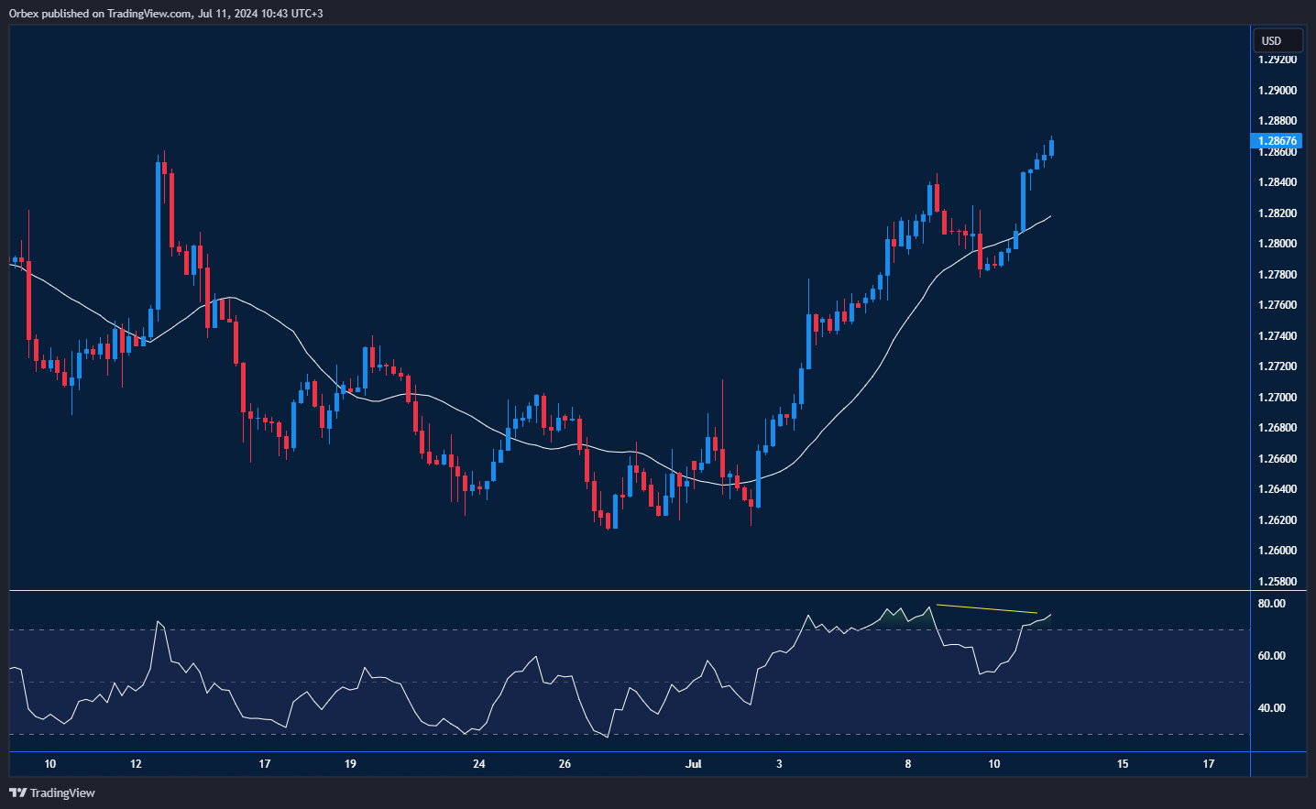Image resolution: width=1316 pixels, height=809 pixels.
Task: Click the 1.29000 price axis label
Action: tap(1277, 91)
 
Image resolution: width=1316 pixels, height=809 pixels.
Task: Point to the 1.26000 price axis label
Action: tap(1277, 551)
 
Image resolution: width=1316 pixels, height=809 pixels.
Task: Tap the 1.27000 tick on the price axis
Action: tap(1277, 398)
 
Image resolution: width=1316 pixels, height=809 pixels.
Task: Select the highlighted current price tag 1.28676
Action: tap(1277, 141)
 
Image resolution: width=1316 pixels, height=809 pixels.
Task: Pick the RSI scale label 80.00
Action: tap(1271, 604)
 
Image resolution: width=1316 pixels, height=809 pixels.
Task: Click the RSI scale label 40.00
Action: tap(1271, 708)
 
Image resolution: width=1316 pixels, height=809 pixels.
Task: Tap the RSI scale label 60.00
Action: tap(1271, 656)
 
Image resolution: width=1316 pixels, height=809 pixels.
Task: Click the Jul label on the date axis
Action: tap(693, 764)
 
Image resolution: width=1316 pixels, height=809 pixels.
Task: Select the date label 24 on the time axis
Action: tap(478, 764)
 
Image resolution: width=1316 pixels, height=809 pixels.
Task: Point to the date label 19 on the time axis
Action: tap(350, 764)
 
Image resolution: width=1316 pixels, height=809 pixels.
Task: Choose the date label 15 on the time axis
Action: tap(1123, 764)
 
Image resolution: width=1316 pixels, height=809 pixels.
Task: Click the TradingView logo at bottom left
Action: tap(52, 793)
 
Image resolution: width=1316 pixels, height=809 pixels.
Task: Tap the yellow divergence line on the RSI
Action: tap(986, 609)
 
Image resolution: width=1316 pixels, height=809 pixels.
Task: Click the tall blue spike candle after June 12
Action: tap(159, 238)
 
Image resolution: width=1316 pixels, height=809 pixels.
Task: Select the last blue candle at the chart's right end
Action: tap(1051, 148)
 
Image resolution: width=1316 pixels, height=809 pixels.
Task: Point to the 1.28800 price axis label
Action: tap(1277, 121)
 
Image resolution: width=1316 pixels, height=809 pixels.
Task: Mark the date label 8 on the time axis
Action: tap(908, 764)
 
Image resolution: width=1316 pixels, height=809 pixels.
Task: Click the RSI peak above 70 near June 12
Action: tap(159, 622)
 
